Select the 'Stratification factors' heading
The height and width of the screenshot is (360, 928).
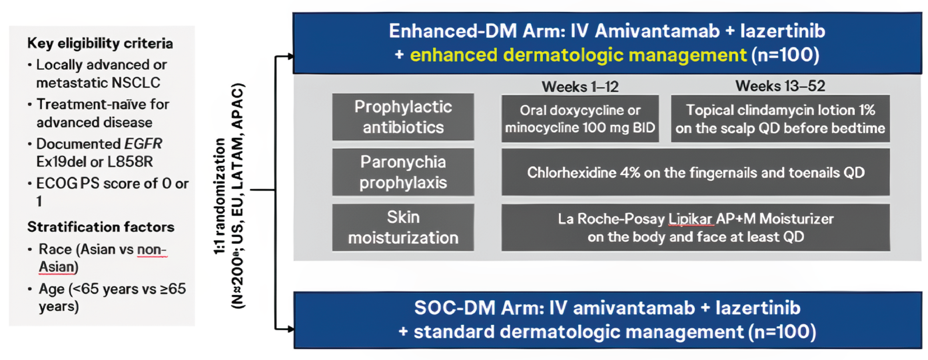pos(100,227)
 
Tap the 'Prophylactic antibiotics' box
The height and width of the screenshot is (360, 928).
pos(403,117)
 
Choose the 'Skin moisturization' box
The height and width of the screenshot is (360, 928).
pos(403,227)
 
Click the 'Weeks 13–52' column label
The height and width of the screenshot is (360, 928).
pos(780,86)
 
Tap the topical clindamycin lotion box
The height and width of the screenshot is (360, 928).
pos(780,119)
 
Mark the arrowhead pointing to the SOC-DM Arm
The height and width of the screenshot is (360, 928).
pos(290,329)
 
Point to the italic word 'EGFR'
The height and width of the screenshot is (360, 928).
pos(143,144)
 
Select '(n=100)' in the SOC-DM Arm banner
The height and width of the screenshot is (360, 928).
pos(782,332)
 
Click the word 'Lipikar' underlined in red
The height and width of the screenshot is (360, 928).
pos(690,219)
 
